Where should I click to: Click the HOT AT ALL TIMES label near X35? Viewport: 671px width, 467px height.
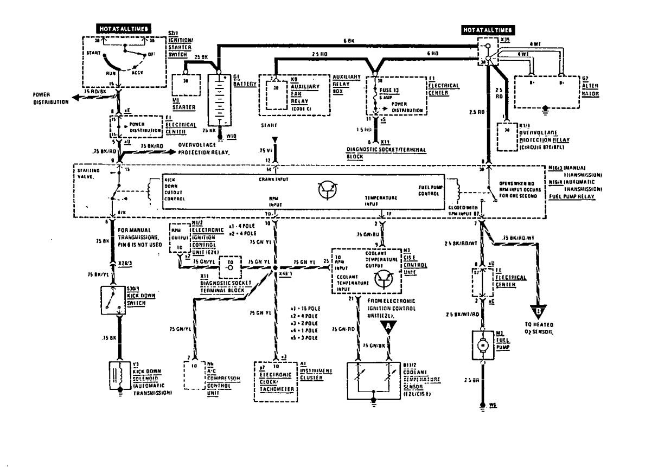[x=488, y=30]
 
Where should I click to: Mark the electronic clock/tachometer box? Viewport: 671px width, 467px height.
[x=275, y=381]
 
